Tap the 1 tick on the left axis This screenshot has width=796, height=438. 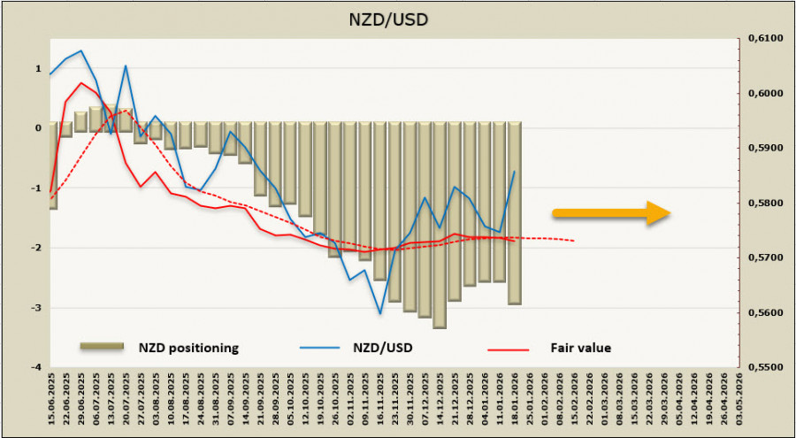38,68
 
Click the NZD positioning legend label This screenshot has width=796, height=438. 187,348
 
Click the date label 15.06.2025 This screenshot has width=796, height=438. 53,401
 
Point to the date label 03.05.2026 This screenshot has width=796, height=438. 739,401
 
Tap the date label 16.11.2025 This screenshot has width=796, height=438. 380,401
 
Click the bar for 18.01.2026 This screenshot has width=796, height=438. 514,212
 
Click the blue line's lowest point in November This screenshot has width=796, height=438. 380,313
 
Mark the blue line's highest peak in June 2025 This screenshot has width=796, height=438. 81,50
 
